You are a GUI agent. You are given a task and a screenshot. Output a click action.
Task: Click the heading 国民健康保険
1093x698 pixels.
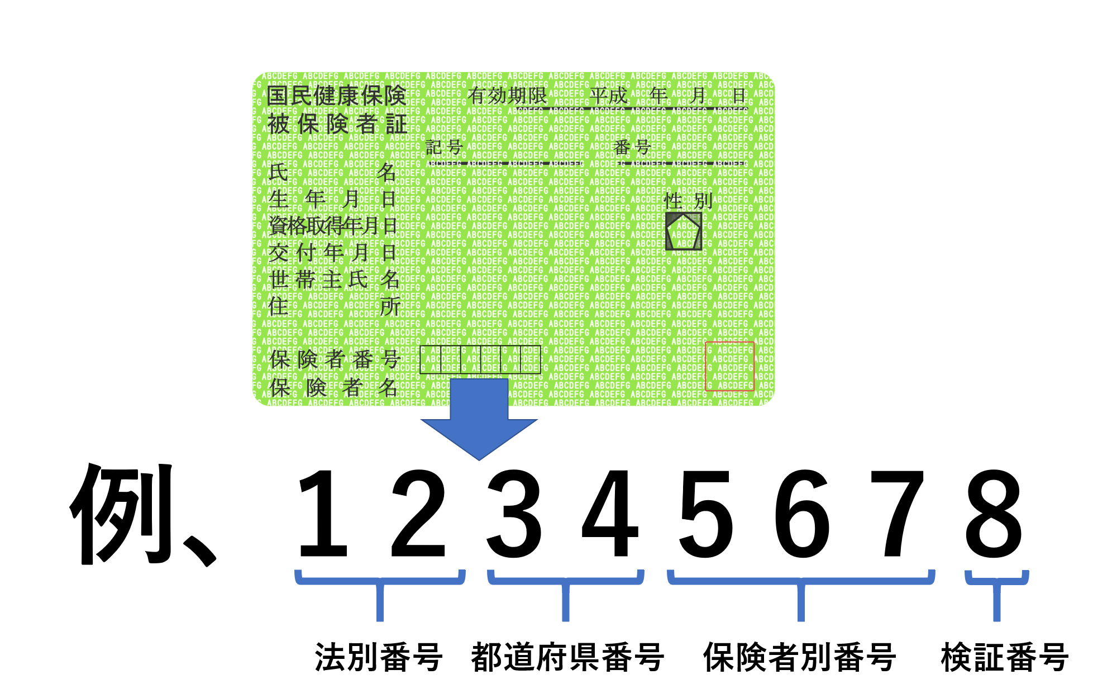click(x=336, y=96)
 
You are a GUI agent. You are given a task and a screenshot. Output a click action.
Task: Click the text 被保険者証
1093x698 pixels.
click(x=337, y=124)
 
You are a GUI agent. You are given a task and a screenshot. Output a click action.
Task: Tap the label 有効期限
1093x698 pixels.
click(x=507, y=96)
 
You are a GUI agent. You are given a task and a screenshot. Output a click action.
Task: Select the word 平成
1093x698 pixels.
click(x=609, y=96)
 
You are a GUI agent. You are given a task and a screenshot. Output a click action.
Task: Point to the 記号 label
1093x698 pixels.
click(x=444, y=148)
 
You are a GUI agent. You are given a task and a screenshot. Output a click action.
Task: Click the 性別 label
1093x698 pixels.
click(x=688, y=201)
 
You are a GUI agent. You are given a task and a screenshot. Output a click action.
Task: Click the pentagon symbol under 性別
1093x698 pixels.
click(x=684, y=231)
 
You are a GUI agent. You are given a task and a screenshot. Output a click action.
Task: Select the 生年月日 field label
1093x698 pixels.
click(x=332, y=199)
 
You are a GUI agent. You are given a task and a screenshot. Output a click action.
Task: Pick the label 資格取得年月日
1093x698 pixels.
click(x=332, y=226)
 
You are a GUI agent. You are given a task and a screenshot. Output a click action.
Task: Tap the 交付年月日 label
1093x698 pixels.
click(x=332, y=253)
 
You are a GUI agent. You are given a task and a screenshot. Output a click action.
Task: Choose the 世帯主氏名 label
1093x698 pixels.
click(x=334, y=279)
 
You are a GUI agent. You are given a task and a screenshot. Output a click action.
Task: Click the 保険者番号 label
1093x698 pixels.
click(x=335, y=359)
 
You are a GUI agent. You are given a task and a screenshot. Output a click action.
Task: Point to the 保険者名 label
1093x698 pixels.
click(x=333, y=387)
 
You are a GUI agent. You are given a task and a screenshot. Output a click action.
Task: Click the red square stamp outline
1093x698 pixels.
click(x=729, y=366)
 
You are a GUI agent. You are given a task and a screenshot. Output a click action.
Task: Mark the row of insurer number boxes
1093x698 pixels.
click(x=480, y=359)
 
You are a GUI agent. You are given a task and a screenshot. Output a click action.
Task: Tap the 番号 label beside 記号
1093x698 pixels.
click(x=632, y=148)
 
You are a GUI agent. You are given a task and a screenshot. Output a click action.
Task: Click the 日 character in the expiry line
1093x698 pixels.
click(x=739, y=96)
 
